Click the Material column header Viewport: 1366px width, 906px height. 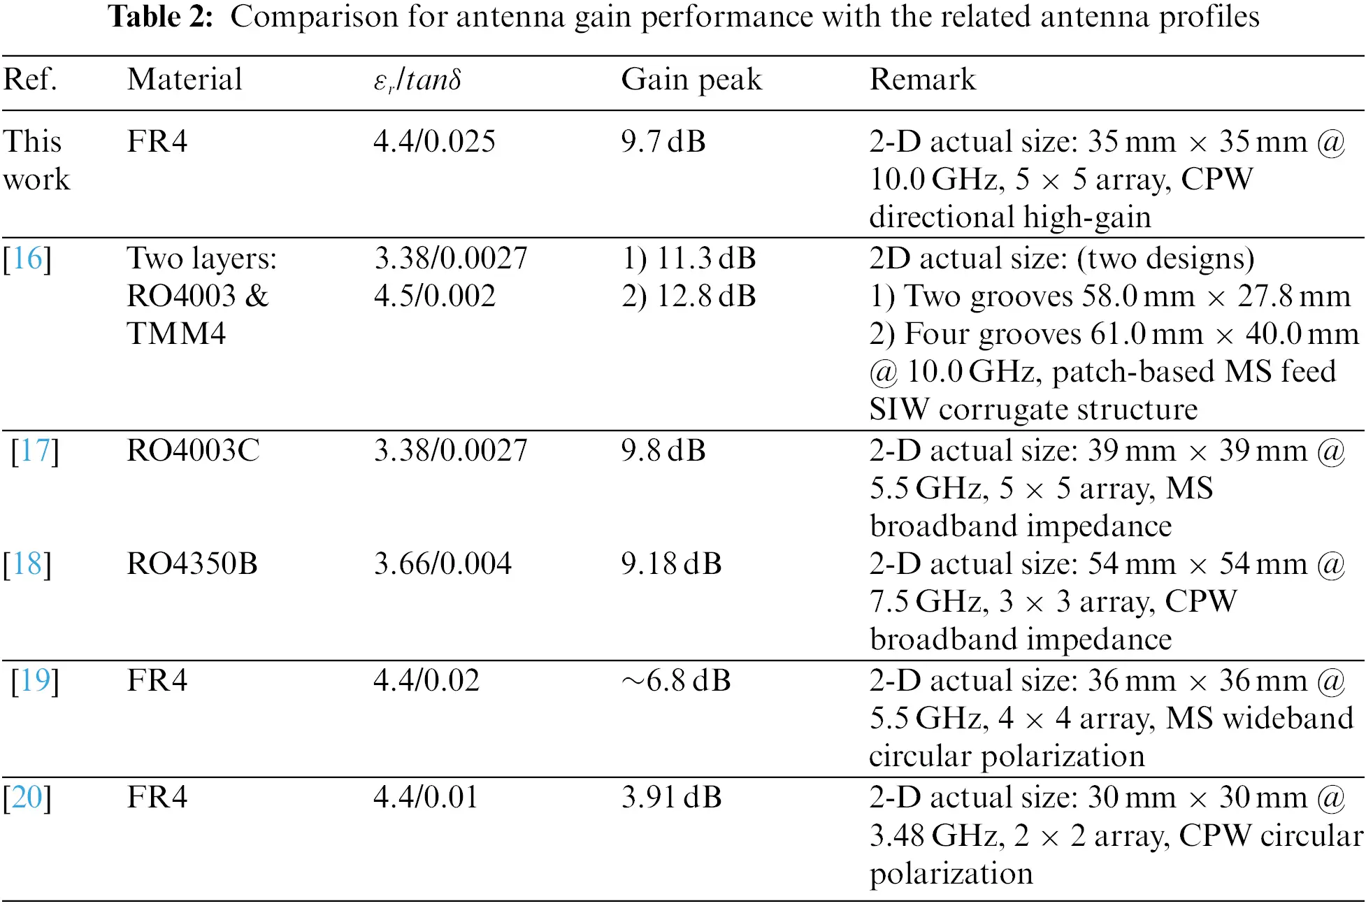coord(185,79)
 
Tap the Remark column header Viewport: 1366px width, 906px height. coord(922,79)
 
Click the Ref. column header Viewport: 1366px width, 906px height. coord(30,79)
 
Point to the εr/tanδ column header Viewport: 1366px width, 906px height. coord(417,80)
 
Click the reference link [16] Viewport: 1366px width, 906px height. coord(27,259)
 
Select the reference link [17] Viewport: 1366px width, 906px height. coord(35,451)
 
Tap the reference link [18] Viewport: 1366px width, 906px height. coord(27,564)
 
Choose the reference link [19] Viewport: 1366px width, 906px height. coord(35,681)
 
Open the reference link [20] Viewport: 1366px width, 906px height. coord(27,798)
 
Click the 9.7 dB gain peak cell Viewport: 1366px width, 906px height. coord(663,142)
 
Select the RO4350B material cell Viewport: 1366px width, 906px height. coord(192,564)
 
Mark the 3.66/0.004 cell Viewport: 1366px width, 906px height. coord(443,564)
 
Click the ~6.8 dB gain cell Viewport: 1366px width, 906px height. coord(676,681)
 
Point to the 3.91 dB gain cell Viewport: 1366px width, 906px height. coord(671,798)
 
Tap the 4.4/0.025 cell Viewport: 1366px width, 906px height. coord(434,142)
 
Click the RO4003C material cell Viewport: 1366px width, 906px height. coord(193,451)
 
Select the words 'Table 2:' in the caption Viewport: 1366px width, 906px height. coord(161,17)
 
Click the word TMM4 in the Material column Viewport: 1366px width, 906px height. coord(176,334)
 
